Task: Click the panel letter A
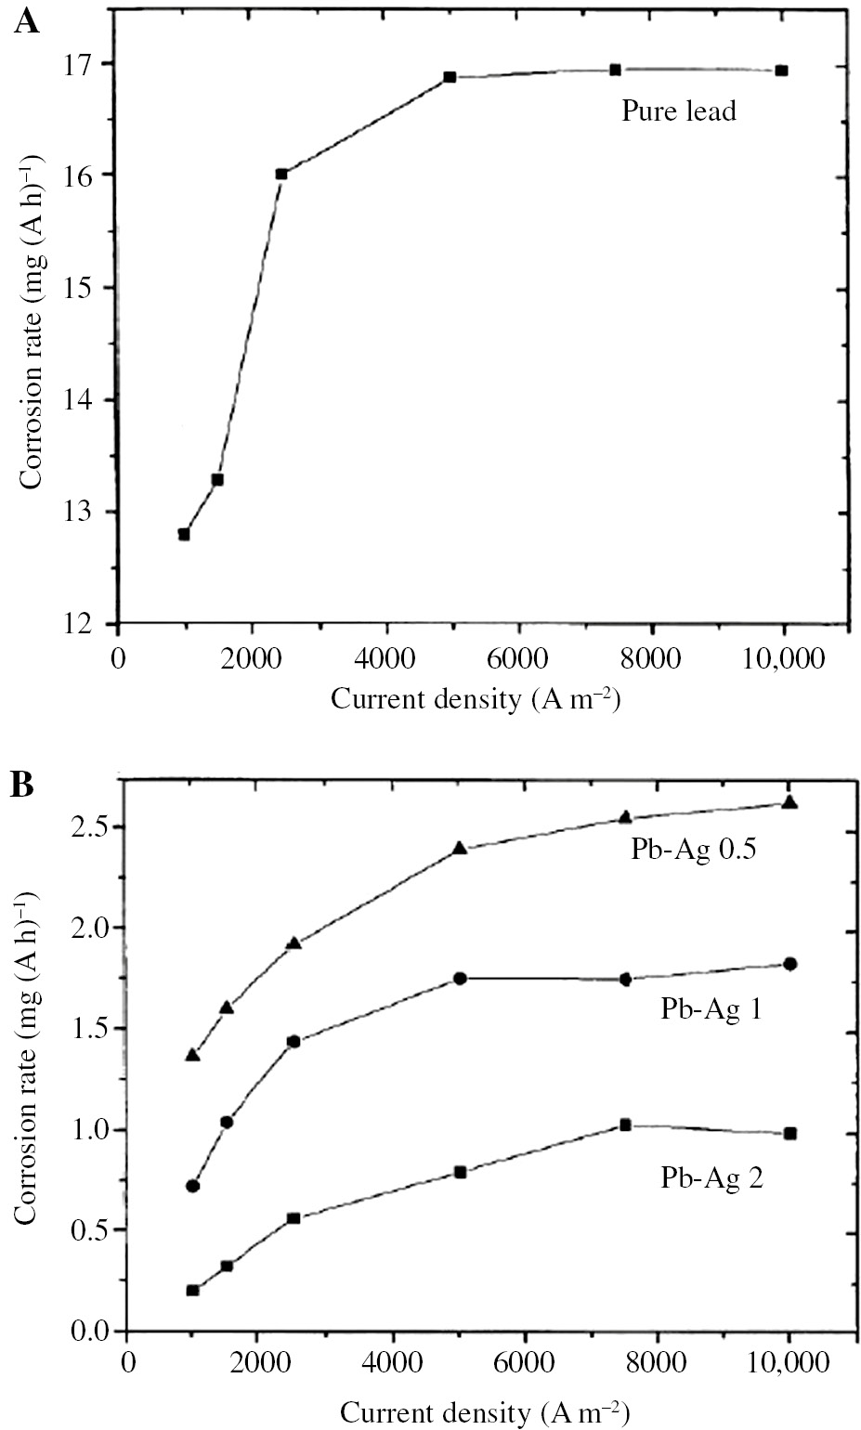26,20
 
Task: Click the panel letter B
22,785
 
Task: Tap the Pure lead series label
678,111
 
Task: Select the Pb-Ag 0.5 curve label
693,849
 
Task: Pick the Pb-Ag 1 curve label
711,1009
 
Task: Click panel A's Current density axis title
476,698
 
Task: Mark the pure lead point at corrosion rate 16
281,174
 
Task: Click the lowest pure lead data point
184,534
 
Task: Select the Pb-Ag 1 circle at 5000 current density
460,979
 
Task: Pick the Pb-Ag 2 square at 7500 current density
625,1124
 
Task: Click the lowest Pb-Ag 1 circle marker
192,1186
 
